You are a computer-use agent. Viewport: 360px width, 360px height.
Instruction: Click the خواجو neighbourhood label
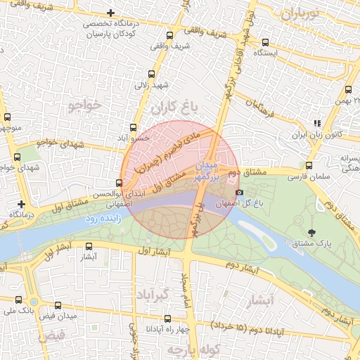[85, 105]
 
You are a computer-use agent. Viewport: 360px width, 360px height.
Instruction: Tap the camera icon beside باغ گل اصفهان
[239, 192]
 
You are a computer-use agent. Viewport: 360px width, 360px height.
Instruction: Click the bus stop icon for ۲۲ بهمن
[349, 89]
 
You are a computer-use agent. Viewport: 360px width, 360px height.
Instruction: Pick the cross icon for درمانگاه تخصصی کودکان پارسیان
[110, 13]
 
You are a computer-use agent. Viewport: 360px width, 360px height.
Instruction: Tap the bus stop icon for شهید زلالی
[152, 74]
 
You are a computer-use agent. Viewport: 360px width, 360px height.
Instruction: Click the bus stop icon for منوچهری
[7, 117]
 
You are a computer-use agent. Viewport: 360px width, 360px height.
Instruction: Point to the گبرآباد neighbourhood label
[152, 294]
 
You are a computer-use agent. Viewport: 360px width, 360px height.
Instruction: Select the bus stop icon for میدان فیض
[58, 307]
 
